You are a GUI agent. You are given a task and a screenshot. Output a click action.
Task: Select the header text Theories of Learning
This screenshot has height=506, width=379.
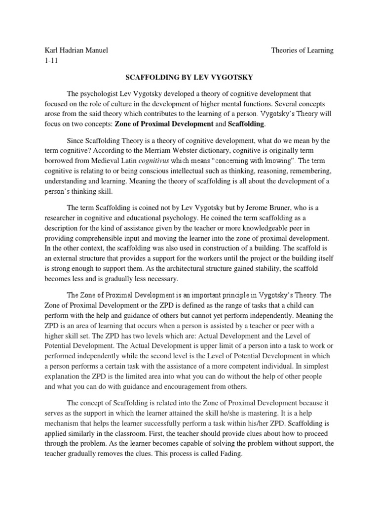(x=303, y=50)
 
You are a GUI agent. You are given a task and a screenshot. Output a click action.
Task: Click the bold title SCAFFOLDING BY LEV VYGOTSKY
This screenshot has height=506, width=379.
(x=189, y=77)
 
